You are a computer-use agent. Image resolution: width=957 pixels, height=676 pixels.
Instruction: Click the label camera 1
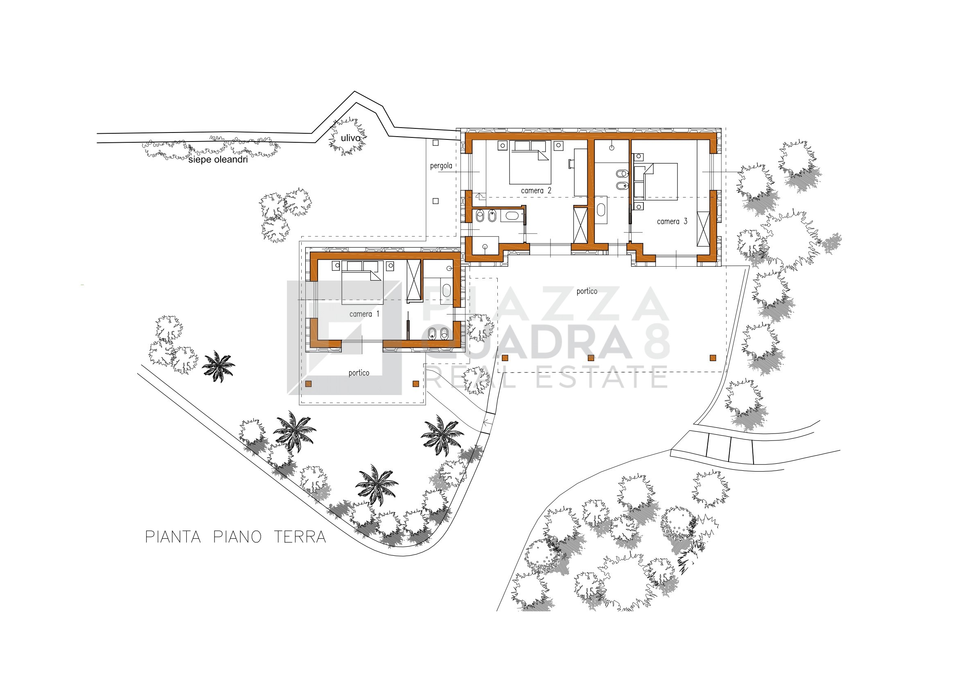click(x=364, y=314)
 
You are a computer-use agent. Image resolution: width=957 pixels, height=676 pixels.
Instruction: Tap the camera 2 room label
click(x=536, y=191)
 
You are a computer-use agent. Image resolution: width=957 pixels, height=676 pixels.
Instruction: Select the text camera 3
click(x=672, y=222)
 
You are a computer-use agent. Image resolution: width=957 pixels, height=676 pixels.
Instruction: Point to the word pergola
click(x=441, y=166)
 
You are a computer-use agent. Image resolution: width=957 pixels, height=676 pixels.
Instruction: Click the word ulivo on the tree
click(x=350, y=138)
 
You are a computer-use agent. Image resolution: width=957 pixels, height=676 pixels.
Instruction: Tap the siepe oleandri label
click(x=218, y=159)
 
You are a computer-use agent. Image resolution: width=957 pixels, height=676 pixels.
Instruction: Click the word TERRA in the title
click(x=300, y=537)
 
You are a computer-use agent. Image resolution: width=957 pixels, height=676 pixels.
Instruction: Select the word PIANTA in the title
click(x=173, y=537)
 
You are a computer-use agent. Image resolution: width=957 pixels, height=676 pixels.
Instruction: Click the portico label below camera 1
click(x=359, y=373)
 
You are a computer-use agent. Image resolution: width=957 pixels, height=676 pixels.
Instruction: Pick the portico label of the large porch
click(x=587, y=292)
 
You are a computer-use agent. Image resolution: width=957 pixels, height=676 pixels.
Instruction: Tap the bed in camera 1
click(x=363, y=283)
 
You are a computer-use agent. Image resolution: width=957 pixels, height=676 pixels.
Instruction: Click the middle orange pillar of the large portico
click(x=591, y=358)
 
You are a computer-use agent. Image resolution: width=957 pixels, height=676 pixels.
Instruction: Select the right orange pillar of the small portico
click(x=415, y=384)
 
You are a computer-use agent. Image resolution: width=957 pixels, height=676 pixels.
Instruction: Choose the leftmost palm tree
click(x=218, y=366)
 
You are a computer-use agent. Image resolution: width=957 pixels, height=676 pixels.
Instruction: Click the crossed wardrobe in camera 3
click(x=703, y=229)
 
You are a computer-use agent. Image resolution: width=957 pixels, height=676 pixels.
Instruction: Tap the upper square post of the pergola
click(x=436, y=143)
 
